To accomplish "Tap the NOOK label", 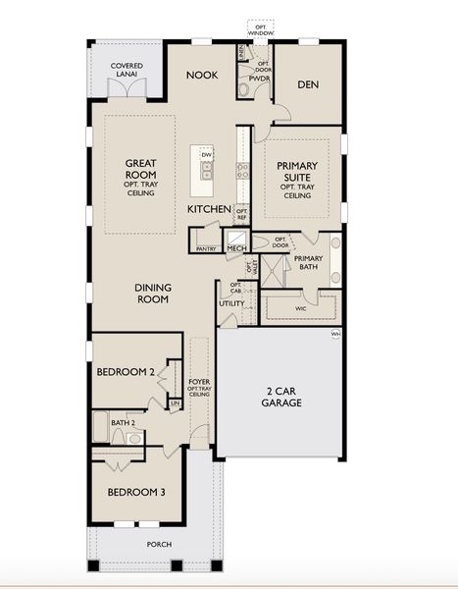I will point(202,76).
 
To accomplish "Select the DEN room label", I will point(307,84).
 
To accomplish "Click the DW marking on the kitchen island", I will point(207,155).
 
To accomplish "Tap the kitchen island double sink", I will point(207,171).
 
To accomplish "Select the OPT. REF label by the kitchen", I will point(241,214).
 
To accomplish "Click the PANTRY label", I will point(206,249).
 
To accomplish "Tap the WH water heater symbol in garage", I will point(335,334).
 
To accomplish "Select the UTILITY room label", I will point(231,304).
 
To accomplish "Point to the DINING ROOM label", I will point(153,294).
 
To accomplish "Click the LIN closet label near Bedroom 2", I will point(176,402).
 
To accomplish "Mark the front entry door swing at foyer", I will point(200,435).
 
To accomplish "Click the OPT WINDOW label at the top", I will point(261,29).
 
